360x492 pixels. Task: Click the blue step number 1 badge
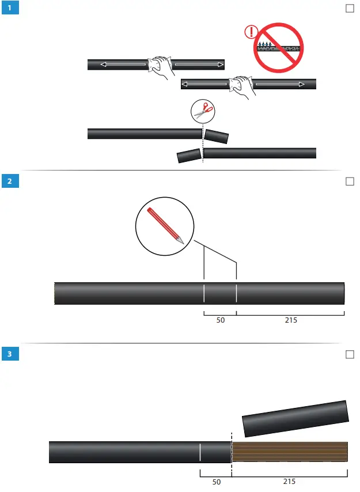pyautogui.click(x=9, y=9)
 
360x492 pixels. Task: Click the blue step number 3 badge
pyautogui.click(x=9, y=354)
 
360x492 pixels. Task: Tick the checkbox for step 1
pyautogui.click(x=349, y=9)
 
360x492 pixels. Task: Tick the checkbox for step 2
pyautogui.click(x=349, y=181)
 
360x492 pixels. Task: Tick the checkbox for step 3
pyautogui.click(x=349, y=354)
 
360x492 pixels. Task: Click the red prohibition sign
pyautogui.click(x=279, y=47)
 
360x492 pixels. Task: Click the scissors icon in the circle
pyautogui.click(x=203, y=112)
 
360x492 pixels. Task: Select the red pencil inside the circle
pyautogui.click(x=165, y=225)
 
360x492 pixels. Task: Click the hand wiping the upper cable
pyautogui.click(x=160, y=67)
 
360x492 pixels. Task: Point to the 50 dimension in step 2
pyautogui.click(x=220, y=320)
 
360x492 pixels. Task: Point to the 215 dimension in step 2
pyautogui.click(x=290, y=320)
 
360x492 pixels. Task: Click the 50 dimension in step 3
pyautogui.click(x=216, y=482)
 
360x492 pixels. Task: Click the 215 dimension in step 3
pyautogui.click(x=289, y=482)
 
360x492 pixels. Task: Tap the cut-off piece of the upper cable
pyautogui.click(x=217, y=137)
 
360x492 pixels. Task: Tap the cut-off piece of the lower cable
pyautogui.click(x=189, y=156)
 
